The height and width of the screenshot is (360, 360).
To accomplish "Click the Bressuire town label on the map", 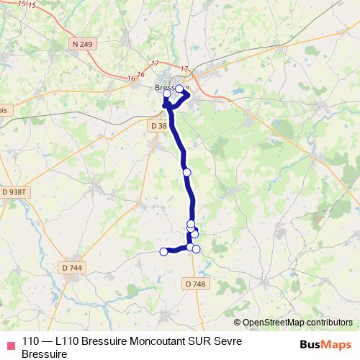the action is tap(171, 89).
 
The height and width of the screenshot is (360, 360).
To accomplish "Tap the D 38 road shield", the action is tap(158, 125).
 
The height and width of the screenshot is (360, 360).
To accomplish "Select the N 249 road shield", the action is tap(84, 45).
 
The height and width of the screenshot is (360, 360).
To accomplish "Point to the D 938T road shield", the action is tap(14, 192).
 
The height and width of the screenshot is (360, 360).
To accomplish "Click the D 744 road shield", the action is tap(73, 267).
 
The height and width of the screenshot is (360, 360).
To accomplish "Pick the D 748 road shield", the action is tap(195, 284).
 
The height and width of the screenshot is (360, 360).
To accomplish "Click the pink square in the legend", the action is tap(10, 343).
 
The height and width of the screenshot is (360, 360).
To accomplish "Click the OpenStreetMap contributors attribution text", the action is tap(297, 323).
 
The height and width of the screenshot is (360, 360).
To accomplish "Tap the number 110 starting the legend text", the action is tap(31, 341).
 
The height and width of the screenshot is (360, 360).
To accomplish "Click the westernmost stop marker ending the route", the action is tap(163, 251).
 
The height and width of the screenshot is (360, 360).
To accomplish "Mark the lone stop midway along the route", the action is tap(187, 172).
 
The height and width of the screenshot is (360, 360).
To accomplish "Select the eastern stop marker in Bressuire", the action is tap(179, 89).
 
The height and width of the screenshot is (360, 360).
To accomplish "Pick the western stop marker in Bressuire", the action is tap(167, 94).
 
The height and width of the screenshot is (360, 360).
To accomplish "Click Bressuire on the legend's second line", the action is tap(45, 354).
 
